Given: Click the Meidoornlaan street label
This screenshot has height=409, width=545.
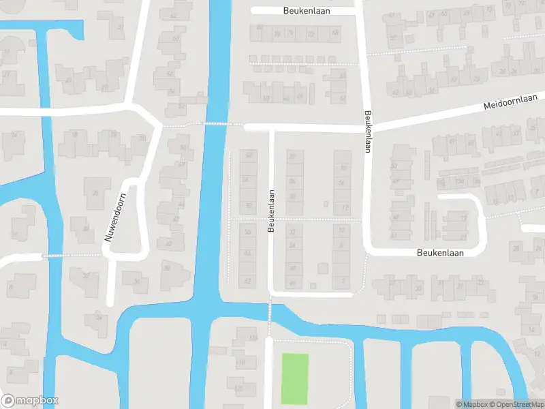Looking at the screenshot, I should point(510,103).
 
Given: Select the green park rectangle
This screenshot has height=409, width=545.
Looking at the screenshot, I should point(295,378).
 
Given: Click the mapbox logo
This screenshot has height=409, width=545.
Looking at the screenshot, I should point(30,401).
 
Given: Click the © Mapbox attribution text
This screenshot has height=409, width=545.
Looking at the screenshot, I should point(471,404).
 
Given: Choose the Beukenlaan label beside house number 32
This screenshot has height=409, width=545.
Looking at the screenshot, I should point(270,211).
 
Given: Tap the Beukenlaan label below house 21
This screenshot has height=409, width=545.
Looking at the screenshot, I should point(439,252).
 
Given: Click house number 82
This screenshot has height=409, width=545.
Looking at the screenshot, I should point(260,27).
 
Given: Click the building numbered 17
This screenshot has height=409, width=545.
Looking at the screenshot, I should point(464,219).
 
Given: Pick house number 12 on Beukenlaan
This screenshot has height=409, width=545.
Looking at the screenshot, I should point(345,207).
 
